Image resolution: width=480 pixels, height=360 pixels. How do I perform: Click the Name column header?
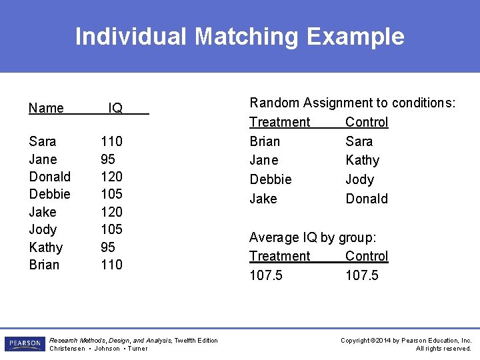[47, 108]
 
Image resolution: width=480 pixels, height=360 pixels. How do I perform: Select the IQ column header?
[115, 108]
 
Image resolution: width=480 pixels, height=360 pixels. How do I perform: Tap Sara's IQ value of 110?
[111, 141]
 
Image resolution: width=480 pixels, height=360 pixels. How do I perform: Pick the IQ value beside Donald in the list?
[111, 177]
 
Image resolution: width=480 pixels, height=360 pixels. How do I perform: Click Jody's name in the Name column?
[43, 229]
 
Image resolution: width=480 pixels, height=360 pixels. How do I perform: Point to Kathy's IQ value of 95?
[107, 247]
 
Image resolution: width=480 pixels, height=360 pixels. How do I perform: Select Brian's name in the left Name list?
[44, 265]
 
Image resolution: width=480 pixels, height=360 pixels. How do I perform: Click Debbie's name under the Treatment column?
[270, 179]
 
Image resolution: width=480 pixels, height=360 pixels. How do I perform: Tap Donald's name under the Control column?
[366, 199]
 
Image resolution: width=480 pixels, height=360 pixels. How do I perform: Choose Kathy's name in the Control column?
[362, 160]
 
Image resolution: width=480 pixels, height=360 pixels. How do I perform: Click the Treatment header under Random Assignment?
[279, 122]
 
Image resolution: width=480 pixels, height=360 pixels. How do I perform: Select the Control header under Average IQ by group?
[366, 256]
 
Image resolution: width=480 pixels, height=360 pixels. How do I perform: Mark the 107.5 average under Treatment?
[265, 275]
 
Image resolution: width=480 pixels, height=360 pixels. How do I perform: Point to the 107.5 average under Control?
[361, 275]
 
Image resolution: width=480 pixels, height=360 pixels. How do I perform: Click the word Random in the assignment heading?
[274, 103]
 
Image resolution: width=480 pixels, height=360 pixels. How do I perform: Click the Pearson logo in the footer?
[25, 344]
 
